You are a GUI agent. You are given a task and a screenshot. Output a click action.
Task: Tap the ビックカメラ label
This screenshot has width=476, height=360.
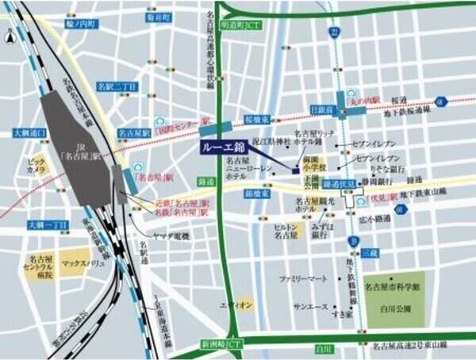click(x=36, y=165)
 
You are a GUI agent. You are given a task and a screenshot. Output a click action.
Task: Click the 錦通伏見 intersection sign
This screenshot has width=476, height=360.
click(x=340, y=182)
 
